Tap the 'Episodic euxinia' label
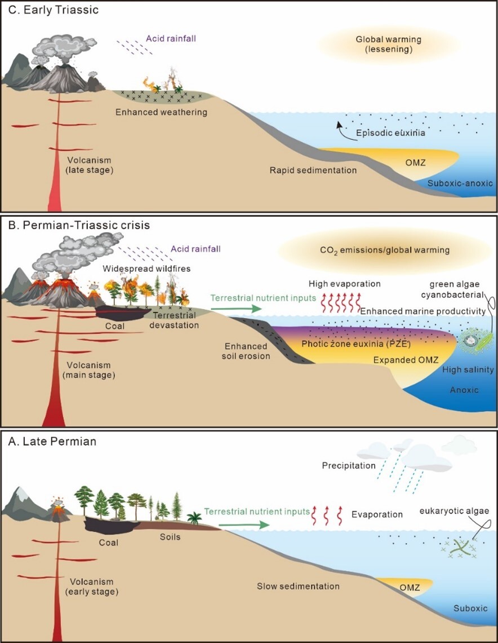390,134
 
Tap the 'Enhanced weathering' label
161,112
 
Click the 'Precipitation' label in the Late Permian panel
349,466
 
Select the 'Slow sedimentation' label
303,587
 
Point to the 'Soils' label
170,536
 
